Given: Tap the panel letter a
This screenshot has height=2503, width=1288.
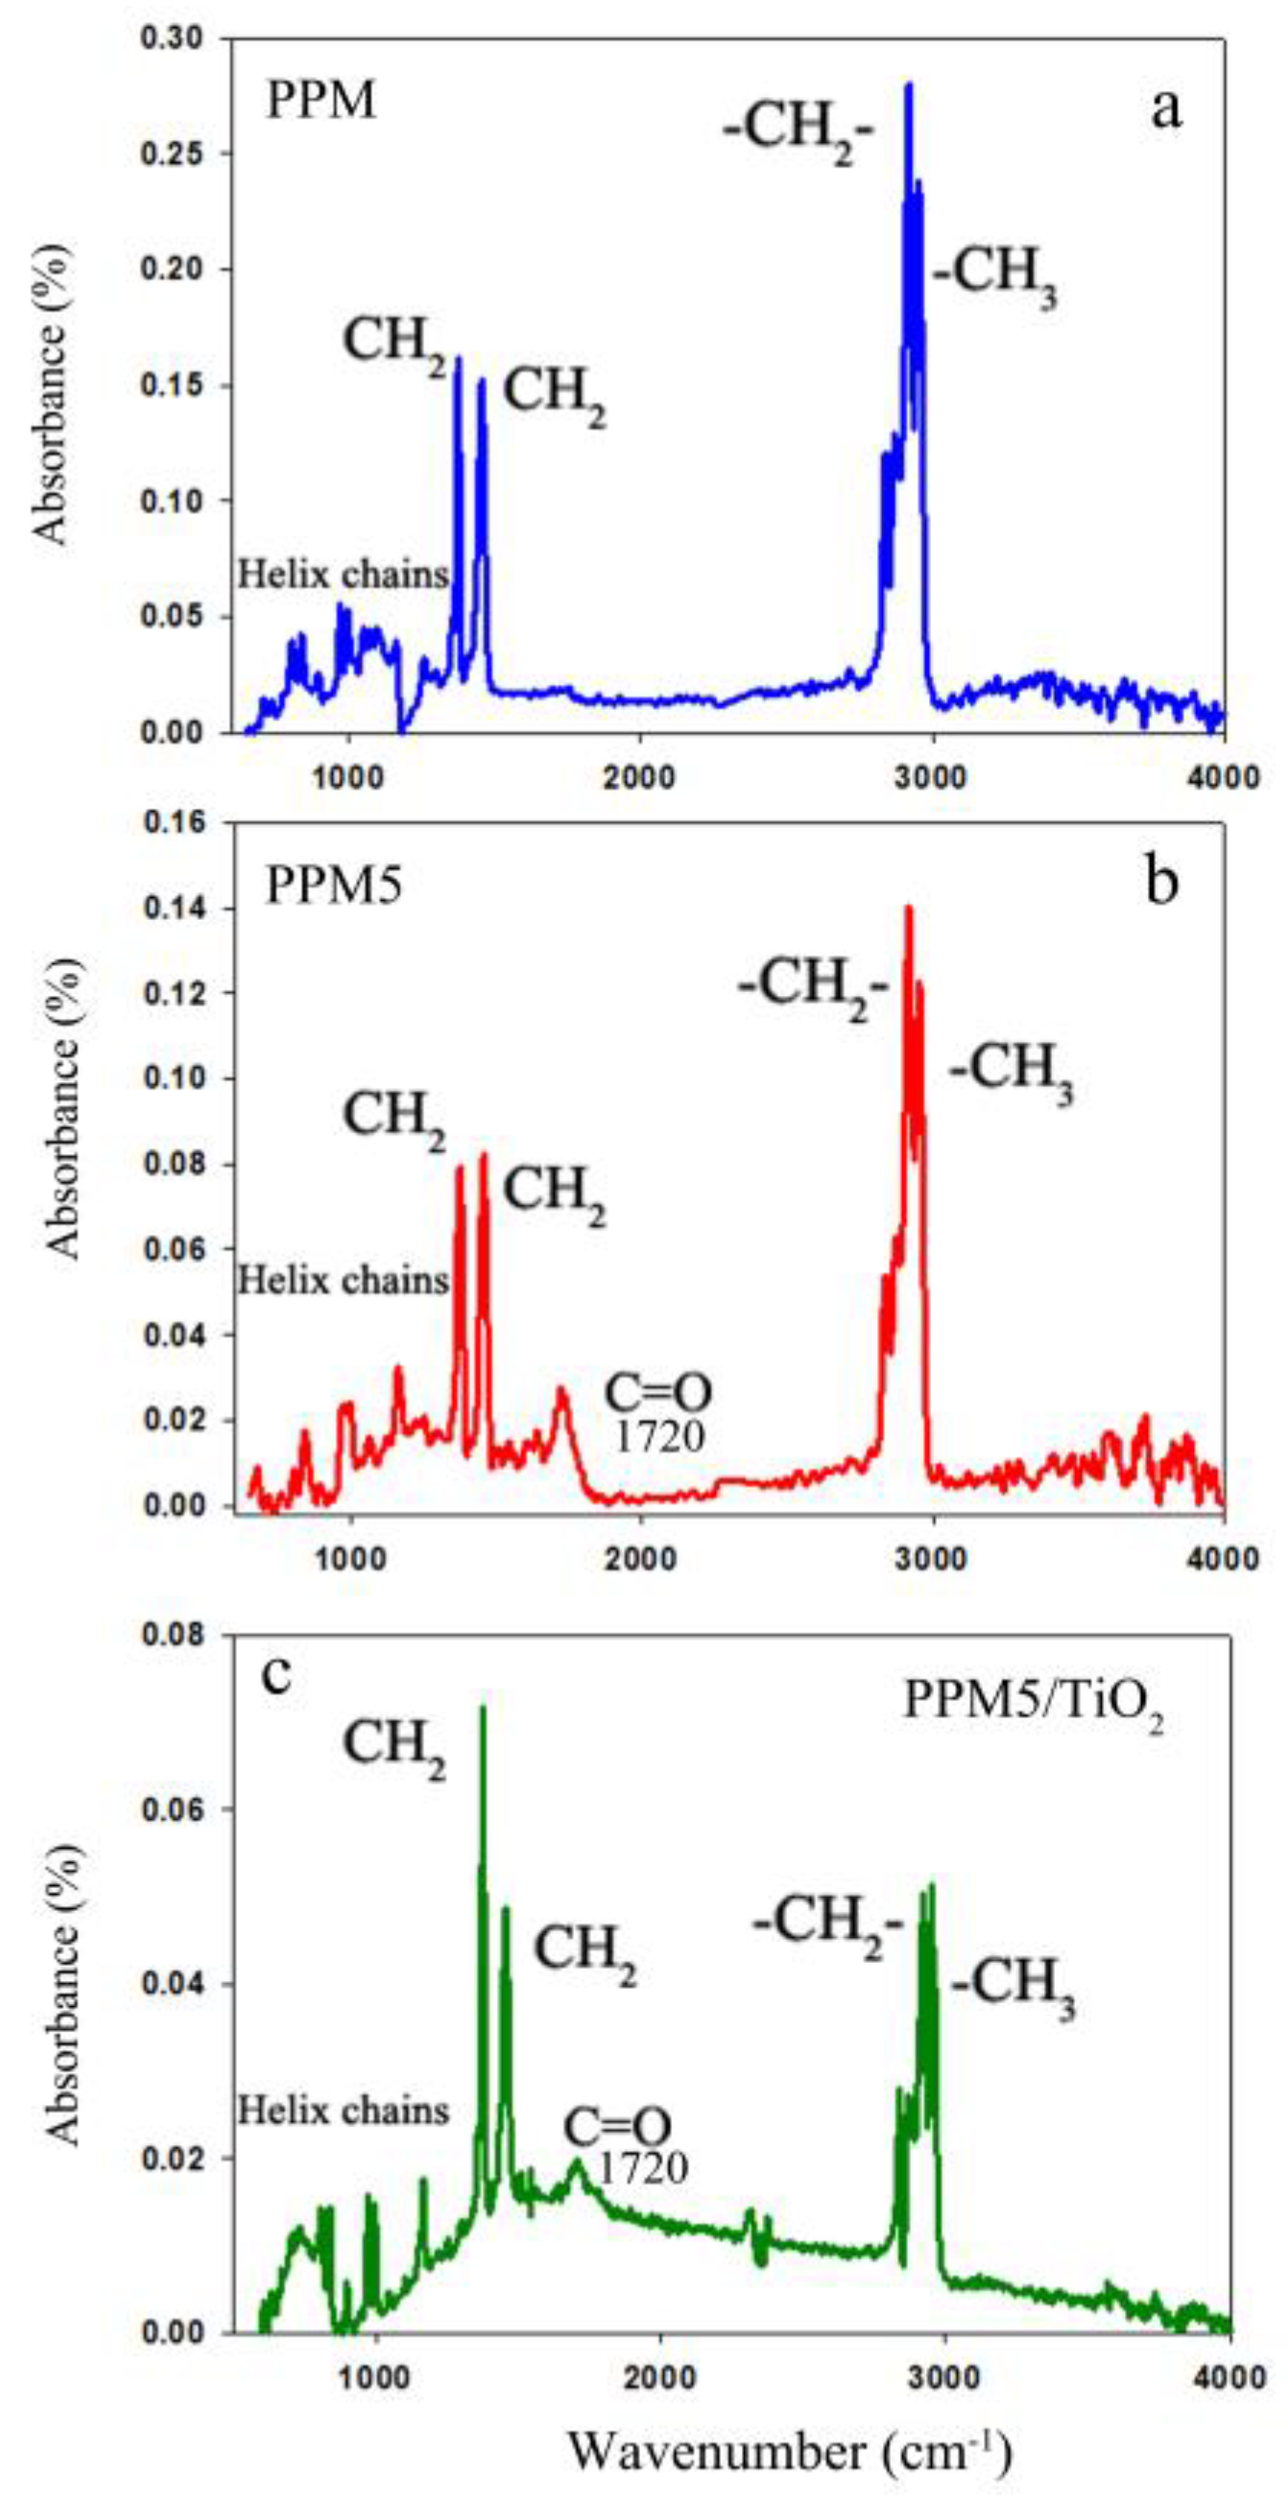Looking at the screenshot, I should click(x=1165, y=109).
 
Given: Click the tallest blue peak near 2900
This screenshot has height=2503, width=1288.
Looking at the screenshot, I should click(x=909, y=85).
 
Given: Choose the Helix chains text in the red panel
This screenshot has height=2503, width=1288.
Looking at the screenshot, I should click(x=344, y=1281).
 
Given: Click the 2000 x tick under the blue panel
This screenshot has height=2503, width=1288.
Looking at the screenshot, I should click(x=639, y=777).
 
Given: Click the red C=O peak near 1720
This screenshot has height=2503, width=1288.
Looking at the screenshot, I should click(x=561, y=1391).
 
